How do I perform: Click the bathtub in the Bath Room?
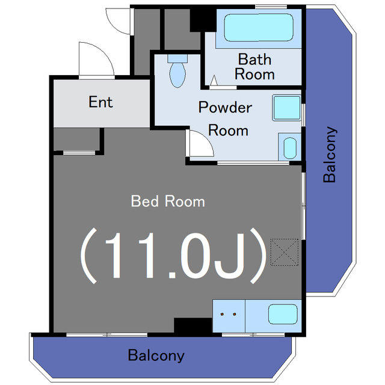click(x=259, y=27)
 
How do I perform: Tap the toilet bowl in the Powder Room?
click(x=177, y=75)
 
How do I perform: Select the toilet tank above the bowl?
click(x=177, y=58)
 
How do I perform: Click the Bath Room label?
click(x=254, y=67)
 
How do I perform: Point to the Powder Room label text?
click(x=226, y=119)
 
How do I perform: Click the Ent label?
click(x=100, y=102)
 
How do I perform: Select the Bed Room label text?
click(x=168, y=202)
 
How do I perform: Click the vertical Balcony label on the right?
click(x=330, y=155)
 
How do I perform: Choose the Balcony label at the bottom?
click(x=156, y=355)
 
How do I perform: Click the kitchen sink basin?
click(x=283, y=314)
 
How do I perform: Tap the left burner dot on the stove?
click(x=222, y=314)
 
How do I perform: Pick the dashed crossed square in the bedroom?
click(x=285, y=252)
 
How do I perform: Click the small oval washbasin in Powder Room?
click(x=290, y=148)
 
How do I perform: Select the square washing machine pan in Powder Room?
click(x=287, y=108)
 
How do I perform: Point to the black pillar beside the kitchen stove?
click(x=193, y=325)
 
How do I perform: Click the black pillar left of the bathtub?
click(x=203, y=20)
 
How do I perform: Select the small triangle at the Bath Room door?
click(x=214, y=80)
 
